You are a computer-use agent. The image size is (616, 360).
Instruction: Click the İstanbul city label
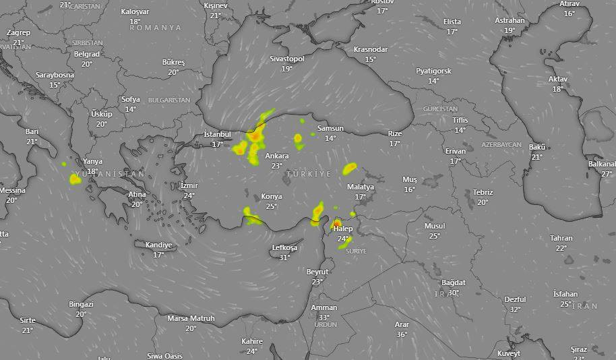pyautogui.click(x=217, y=134)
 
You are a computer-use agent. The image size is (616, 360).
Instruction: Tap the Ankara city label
pyautogui.click(x=276, y=156)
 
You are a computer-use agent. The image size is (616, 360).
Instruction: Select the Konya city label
pyautogui.click(x=272, y=196)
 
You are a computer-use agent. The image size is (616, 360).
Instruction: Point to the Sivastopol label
pyautogui.click(x=287, y=59)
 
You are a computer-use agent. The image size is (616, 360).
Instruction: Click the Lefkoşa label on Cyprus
pyautogui.click(x=284, y=247)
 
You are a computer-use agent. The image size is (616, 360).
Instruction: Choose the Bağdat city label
pyautogui.click(x=454, y=282)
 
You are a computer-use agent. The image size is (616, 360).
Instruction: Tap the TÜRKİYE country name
pyautogui.click(x=309, y=174)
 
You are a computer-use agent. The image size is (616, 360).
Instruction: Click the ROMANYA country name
pyautogui.click(x=156, y=28)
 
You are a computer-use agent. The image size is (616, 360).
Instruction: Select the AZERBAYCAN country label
pyautogui.click(x=501, y=145)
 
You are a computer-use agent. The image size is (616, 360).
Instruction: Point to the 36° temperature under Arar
pyautogui.click(x=402, y=334)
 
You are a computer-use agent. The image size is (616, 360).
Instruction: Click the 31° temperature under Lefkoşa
pyautogui.click(x=284, y=258)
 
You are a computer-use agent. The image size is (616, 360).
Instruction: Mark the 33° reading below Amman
pyautogui.click(x=324, y=318)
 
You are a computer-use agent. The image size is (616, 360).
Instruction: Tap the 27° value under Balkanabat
pyautogui.click(x=607, y=174)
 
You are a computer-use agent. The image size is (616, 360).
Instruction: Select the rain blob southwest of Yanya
pyautogui.click(x=74, y=179)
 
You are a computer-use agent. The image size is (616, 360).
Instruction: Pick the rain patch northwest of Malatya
pyautogui.click(x=349, y=169)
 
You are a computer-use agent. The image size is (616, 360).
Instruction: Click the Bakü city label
pyautogui.click(x=537, y=147)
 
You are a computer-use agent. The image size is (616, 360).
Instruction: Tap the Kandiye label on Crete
pyautogui.click(x=158, y=245)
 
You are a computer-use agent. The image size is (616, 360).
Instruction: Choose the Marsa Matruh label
pyautogui.click(x=191, y=318)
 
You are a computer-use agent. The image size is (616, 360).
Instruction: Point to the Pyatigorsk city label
pyautogui.click(x=433, y=71)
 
